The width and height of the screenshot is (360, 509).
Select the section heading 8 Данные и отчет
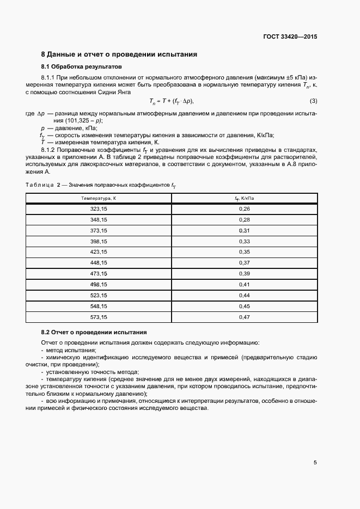pyautogui.click(x=119, y=54)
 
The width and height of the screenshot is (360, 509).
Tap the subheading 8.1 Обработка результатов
pyautogui.click(x=82, y=66)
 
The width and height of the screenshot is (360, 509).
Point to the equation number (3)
pyautogui.click(x=313, y=101)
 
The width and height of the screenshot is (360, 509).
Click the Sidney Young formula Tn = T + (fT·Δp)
pyautogui.click(x=171, y=101)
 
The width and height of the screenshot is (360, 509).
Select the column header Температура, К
pyautogui.click(x=99, y=199)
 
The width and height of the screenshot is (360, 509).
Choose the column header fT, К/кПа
pyautogui.click(x=244, y=199)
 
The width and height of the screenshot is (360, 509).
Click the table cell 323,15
pyautogui.click(x=99, y=209)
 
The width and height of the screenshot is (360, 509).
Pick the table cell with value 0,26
pyautogui.click(x=244, y=209)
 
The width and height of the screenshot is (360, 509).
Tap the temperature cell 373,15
pyautogui.click(x=99, y=231)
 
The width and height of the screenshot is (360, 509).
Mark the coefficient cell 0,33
pyautogui.click(x=244, y=241)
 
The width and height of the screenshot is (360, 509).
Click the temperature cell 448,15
pyautogui.click(x=99, y=263)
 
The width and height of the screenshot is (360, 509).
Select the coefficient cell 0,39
pyautogui.click(x=244, y=274)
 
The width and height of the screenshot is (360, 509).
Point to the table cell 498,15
pyautogui.click(x=99, y=284)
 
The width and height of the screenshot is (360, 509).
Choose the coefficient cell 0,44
pyautogui.click(x=244, y=295)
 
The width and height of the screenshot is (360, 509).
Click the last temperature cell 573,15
pyautogui.click(x=99, y=317)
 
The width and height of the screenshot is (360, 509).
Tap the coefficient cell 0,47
pyautogui.click(x=244, y=317)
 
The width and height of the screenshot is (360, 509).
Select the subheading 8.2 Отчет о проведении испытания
pyautogui.click(x=94, y=332)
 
